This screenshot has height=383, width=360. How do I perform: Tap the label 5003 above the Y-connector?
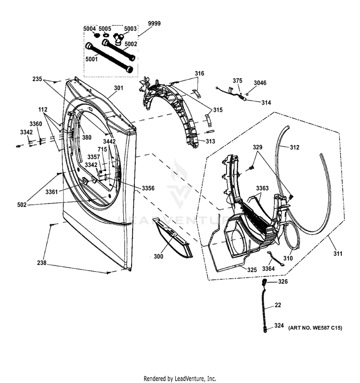pos(130,29)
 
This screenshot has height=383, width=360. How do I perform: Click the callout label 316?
pos(199,73)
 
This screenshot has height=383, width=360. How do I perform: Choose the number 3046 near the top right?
pos(260,83)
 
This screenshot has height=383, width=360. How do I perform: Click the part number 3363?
pos(262,188)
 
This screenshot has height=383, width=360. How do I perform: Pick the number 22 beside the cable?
pos(278,305)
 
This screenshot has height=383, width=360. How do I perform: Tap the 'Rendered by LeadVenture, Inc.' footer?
pos(180,378)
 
